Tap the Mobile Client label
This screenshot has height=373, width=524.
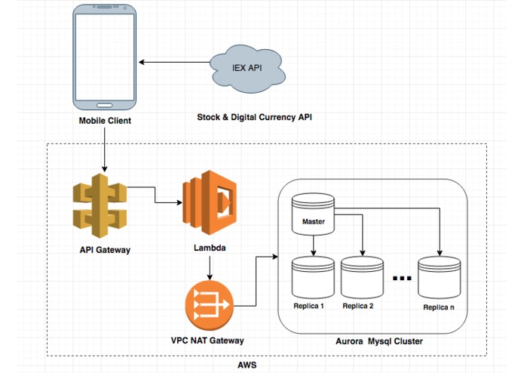[104, 120]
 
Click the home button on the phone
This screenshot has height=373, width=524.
[104, 103]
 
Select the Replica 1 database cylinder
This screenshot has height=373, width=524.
[312, 277]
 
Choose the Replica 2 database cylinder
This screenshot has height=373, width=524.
[362, 277]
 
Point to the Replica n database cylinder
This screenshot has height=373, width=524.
[439, 277]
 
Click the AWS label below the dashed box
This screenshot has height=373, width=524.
[247, 365]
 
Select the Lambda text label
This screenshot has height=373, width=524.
[209, 247]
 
